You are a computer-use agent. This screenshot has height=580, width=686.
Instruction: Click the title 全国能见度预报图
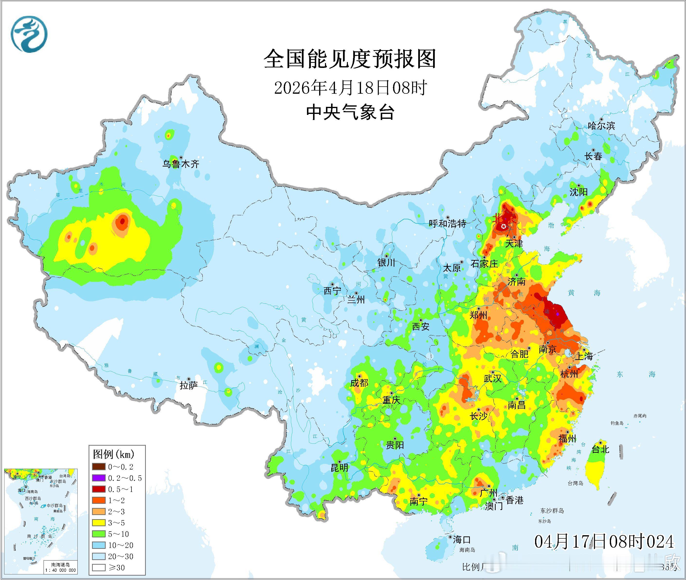coord(350,59)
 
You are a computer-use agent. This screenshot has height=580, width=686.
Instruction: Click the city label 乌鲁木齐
coord(181,164)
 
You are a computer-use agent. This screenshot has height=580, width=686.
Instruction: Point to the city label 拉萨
coord(188,385)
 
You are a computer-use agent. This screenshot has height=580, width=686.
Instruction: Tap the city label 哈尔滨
coord(601,126)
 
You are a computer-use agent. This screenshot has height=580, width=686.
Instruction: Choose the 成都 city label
coord(359,383)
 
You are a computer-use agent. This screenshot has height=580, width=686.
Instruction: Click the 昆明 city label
coord(339,468)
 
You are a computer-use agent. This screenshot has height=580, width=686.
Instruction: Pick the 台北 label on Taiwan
coord(601,449)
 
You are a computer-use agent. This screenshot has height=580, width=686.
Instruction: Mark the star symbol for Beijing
coord(503,226)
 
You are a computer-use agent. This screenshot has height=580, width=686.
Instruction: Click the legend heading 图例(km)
coord(114,454)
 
